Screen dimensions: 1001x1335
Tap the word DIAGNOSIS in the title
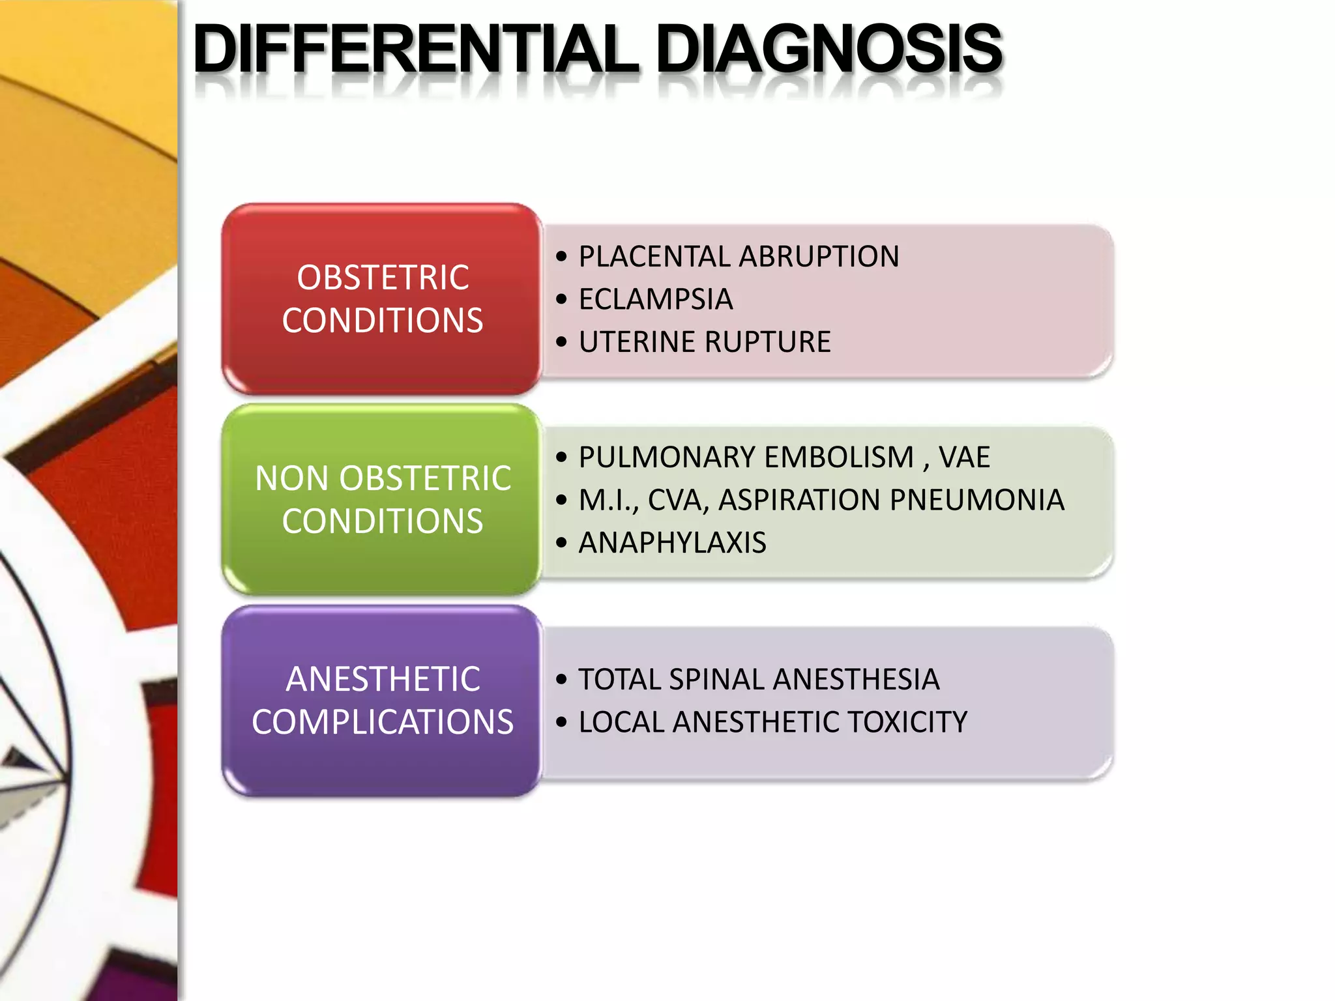pos(829,50)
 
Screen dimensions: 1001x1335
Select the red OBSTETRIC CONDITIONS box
pos(383,299)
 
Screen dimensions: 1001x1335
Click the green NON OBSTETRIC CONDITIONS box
pos(383,500)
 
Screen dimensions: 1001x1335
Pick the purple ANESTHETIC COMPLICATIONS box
pos(383,701)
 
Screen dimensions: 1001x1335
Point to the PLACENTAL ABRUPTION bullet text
pos(739,257)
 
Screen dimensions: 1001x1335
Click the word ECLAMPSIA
pos(656,300)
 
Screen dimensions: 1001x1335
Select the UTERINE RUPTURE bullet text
pos(705,342)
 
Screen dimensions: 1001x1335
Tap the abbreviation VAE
pos(964,457)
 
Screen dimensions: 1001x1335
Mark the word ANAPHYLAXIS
pos(672,543)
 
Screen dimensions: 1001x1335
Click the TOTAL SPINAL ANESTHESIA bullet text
pos(759,680)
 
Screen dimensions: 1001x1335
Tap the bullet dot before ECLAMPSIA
pos(562,300)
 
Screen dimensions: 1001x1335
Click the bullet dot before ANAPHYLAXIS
pos(562,543)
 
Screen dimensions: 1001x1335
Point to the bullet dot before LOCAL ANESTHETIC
pos(562,722)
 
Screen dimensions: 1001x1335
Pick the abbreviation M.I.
pos(608,500)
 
